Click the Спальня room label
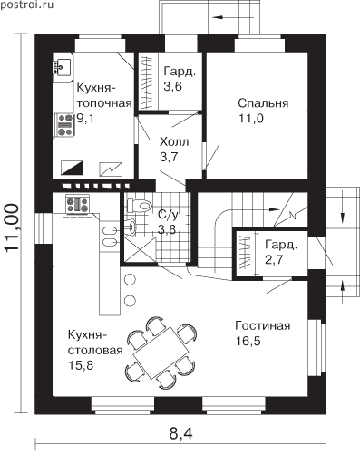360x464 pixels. pyautogui.click(x=263, y=103)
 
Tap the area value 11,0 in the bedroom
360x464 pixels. pyautogui.click(x=251, y=119)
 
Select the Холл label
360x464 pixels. pyautogui.click(x=174, y=141)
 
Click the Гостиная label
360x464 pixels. pyautogui.click(x=263, y=325)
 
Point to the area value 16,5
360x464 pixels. pyautogui.click(x=248, y=341)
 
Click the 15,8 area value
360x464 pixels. pyautogui.click(x=81, y=365)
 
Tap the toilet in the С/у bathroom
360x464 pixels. pyautogui.click(x=139, y=205)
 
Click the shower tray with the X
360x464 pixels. pyautogui.click(x=139, y=250)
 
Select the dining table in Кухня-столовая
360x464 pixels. pyautogui.click(x=161, y=353)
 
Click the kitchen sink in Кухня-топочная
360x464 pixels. pyautogui.click(x=63, y=67)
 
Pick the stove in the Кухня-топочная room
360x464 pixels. pyautogui.click(x=64, y=125)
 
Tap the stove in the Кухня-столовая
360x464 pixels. pyautogui.click(x=78, y=205)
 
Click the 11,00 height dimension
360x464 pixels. pyautogui.click(x=12, y=227)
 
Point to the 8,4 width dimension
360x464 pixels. pyautogui.click(x=180, y=434)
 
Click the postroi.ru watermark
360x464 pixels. pyautogui.click(x=27, y=5)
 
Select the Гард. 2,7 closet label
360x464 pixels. pyautogui.click(x=281, y=252)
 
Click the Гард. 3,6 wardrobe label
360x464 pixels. pyautogui.click(x=180, y=79)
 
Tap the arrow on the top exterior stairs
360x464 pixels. pyautogui.click(x=219, y=17)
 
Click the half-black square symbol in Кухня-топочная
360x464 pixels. pyautogui.click(x=72, y=168)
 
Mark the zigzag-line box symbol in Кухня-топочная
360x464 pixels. pyautogui.click(x=111, y=169)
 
